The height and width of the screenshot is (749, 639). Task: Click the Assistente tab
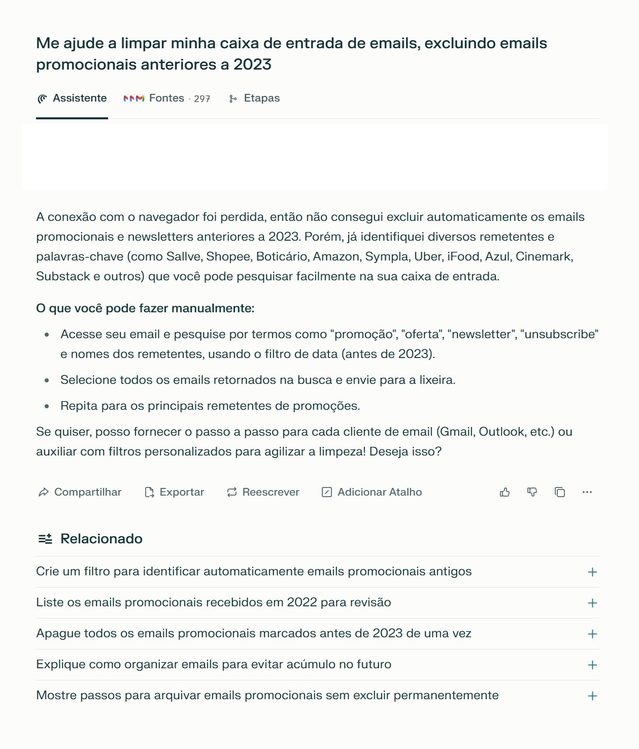point(72,99)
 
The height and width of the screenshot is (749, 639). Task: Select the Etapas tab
point(255,99)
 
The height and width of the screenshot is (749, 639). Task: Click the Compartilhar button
point(80,492)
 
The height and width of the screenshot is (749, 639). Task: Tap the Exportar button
point(175,492)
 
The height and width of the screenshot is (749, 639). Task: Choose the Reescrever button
point(263,492)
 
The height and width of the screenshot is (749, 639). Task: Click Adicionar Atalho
point(372,492)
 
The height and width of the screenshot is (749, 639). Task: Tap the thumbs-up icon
point(505,492)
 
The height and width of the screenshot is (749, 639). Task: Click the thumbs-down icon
point(532,492)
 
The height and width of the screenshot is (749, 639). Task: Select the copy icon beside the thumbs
point(560,492)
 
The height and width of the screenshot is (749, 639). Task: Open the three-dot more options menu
point(587,492)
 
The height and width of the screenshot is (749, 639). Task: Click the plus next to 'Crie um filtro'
point(592,572)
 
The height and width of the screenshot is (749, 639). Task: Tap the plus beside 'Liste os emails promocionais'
point(592,603)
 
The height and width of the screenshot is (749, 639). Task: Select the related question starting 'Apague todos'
point(254,634)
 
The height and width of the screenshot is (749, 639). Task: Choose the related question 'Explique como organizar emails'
point(214,665)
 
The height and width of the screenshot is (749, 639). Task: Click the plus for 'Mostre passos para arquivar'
point(592,696)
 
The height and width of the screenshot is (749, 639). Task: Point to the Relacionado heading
point(101,539)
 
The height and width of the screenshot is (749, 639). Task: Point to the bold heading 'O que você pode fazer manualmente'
point(145,308)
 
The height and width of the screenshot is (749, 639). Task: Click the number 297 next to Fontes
point(202,99)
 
